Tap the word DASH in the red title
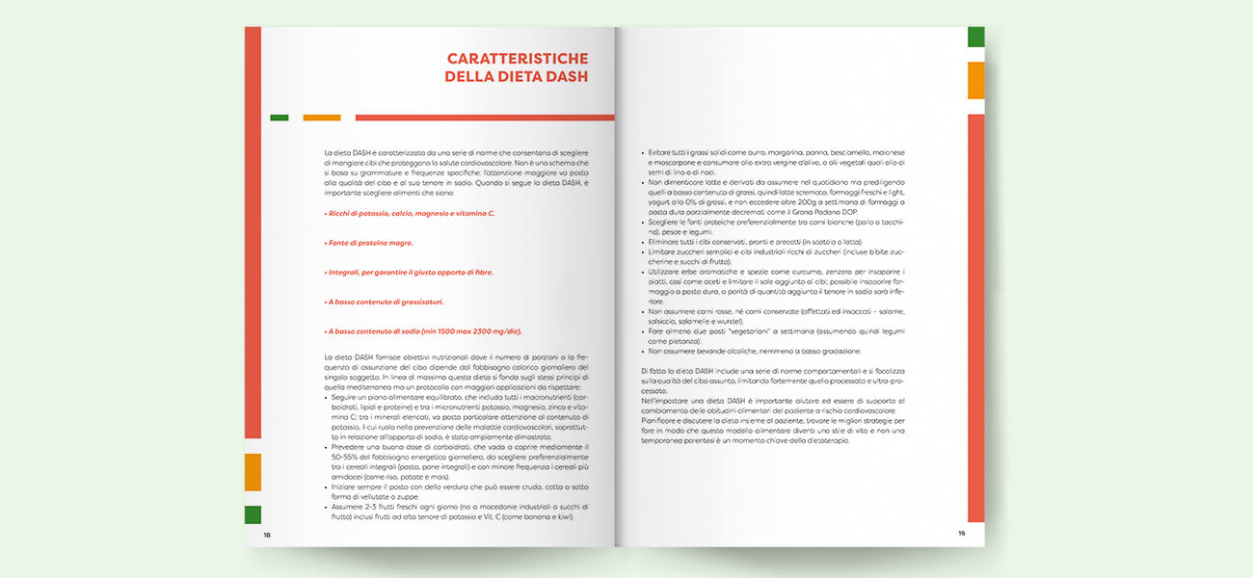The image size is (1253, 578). click(x=562, y=77)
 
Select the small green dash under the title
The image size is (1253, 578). click(x=280, y=118)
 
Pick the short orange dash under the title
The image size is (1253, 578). click(x=322, y=118)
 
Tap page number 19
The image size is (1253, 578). click(x=961, y=534)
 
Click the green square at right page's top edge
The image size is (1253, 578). click(x=975, y=37)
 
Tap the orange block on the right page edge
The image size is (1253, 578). click(x=975, y=81)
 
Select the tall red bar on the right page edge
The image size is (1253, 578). click(x=975, y=318)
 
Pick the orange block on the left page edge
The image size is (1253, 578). click(x=253, y=472)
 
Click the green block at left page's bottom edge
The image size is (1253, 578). click(x=253, y=514)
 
